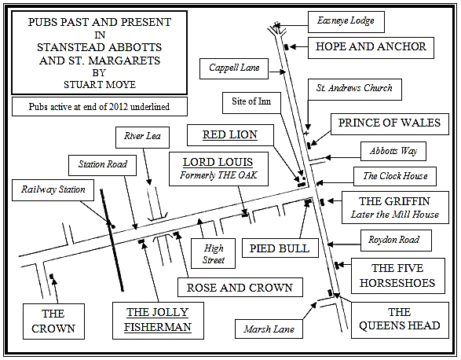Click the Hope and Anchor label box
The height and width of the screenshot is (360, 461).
[371, 48]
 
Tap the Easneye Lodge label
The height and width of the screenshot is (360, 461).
[346, 22]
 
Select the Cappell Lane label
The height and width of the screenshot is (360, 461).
[234, 68]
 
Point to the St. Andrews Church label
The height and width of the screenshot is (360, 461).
[354, 89]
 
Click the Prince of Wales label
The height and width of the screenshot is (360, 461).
[390, 124]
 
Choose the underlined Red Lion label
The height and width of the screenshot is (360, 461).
[230, 135]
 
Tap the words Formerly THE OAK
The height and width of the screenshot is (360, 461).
[218, 175]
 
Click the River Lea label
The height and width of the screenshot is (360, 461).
[142, 138]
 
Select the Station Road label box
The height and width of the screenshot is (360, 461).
[102, 165]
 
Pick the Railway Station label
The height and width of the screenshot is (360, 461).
[53, 190]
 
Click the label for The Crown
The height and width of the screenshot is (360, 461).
[53, 321]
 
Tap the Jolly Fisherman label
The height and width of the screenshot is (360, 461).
[158, 321]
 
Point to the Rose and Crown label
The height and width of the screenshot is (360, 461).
[240, 288]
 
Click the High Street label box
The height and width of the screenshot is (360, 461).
[213, 253]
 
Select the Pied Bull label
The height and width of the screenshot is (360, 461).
[280, 248]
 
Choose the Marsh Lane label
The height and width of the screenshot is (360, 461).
[269, 329]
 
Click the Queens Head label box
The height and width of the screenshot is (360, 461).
[400, 320]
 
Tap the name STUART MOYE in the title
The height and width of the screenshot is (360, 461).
[100, 85]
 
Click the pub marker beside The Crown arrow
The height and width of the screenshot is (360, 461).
[52, 276]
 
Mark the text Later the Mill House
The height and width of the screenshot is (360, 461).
[395, 215]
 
